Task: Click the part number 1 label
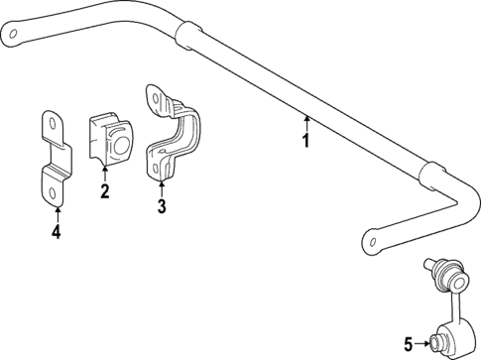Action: coord(305,141)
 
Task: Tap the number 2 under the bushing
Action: coord(104,191)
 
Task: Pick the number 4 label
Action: coord(57,233)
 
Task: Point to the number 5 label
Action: coord(406,344)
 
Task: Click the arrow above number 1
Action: coord(305,123)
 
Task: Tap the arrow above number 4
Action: coord(57,213)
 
